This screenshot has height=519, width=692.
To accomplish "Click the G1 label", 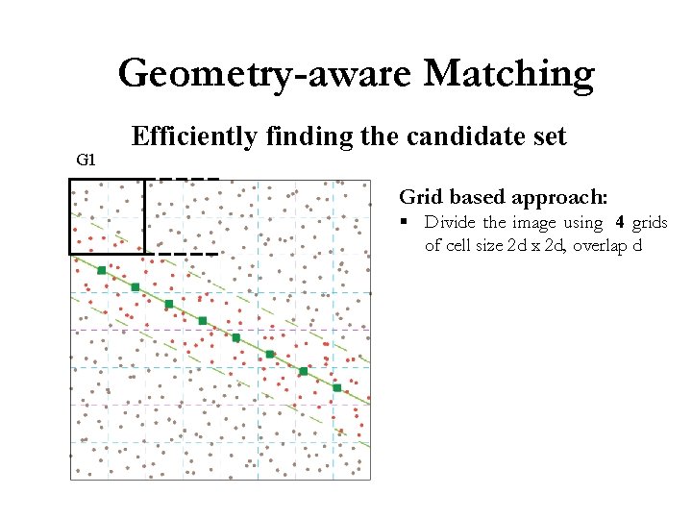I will tap(86, 160).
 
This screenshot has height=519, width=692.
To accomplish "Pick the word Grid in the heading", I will tap(422, 198).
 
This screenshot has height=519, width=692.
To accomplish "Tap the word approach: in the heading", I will tap(560, 198).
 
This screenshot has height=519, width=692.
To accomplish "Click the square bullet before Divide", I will tap(407, 223).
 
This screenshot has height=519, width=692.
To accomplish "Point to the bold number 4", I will tap(620, 223).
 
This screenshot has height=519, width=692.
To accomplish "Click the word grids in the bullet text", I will tap(651, 223).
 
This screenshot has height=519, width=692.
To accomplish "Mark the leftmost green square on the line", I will tap(102, 270).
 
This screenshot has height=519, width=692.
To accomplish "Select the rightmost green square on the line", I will tap(336, 387).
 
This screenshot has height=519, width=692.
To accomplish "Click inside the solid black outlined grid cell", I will tap(107, 216).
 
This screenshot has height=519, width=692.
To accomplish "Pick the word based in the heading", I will tap(477, 198).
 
